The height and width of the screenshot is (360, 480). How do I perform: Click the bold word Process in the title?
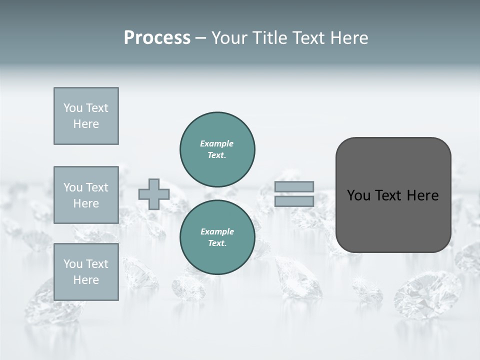(x=157, y=38)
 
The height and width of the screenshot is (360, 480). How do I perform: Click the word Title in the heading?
(x=267, y=38)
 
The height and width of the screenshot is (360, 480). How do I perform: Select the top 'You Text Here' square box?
(x=86, y=116)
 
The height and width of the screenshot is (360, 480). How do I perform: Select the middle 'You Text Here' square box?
(x=86, y=195)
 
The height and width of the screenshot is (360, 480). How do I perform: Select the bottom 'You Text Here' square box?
(x=86, y=272)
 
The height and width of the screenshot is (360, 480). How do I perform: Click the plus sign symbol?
(x=153, y=194)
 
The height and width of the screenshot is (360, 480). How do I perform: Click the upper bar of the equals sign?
(x=294, y=187)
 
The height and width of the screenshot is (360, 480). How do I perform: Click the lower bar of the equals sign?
(x=294, y=201)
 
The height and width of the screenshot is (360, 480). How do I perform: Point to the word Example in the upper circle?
(x=216, y=143)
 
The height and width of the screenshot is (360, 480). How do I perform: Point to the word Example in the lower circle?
(x=216, y=231)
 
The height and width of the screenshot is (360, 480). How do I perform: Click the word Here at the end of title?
(x=348, y=38)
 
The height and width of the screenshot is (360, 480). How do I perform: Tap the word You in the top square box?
(x=73, y=108)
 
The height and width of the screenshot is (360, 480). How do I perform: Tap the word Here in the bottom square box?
(x=86, y=280)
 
